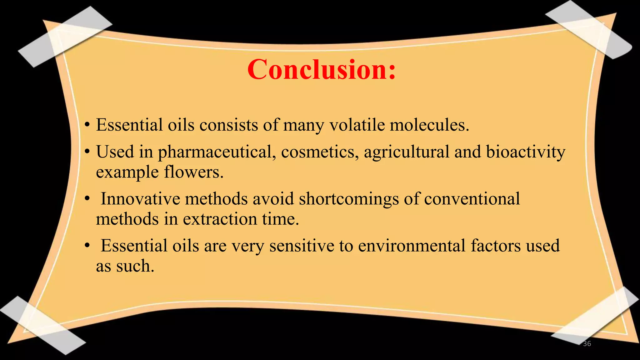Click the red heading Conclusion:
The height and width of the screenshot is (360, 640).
[x=322, y=69]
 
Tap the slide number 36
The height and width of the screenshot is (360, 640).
[x=587, y=344]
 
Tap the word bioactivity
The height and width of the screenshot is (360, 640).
[x=525, y=152]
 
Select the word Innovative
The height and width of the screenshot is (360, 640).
[x=140, y=199]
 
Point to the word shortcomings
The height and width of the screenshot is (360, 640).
[x=349, y=199]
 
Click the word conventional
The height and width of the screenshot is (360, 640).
[x=472, y=199]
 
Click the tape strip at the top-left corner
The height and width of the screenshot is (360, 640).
[x=64, y=37]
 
